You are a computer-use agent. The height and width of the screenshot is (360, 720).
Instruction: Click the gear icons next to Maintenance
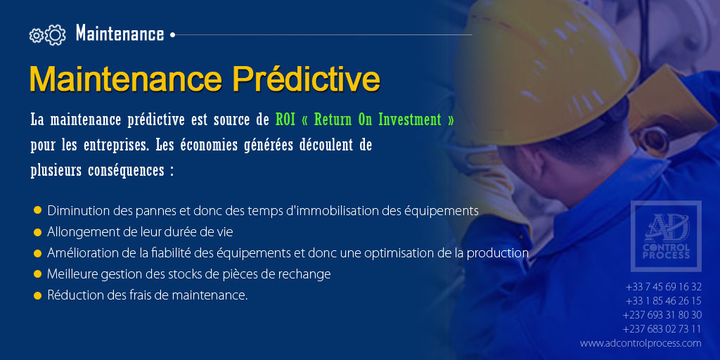point(47,34)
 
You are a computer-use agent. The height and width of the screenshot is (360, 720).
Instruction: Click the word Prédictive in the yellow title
point(306,79)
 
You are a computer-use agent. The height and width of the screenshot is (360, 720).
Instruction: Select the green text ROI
point(285,120)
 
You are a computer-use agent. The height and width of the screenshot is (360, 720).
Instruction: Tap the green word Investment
point(409,120)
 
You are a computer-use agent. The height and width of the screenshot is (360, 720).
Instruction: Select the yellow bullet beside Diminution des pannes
point(37,210)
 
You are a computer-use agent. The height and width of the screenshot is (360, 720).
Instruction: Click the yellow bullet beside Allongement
point(37,231)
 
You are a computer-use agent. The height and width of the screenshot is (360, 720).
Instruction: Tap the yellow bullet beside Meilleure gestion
point(37,274)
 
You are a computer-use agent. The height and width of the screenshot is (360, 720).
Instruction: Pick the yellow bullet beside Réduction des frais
point(37,295)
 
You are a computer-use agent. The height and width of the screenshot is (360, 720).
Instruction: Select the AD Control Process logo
point(665,236)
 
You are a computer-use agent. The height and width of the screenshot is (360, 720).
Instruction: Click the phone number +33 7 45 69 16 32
point(663,287)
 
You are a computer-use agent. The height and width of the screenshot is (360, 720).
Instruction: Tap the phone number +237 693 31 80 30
point(662,315)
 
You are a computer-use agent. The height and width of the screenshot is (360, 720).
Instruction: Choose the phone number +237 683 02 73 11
point(662,329)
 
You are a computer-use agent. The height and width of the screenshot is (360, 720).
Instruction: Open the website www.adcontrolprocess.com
point(641,343)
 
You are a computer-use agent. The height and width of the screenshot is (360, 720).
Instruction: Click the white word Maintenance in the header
point(120,34)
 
